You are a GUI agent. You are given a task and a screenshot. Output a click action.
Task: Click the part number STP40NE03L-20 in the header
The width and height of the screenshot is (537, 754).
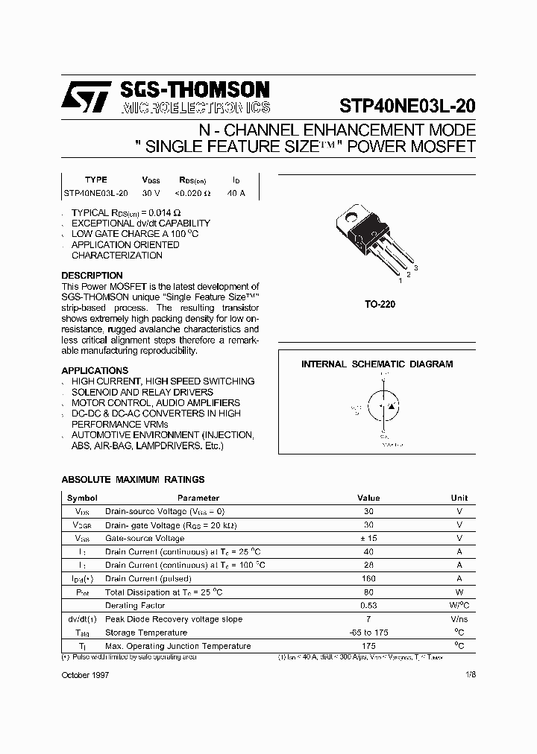[x=407, y=106]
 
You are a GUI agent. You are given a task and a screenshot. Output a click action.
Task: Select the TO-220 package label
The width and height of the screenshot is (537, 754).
[x=380, y=305]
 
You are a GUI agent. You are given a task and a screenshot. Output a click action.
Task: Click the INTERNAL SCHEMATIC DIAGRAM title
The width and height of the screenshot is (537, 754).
[x=377, y=364]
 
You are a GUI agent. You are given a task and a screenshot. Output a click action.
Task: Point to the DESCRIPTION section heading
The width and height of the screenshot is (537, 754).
[x=92, y=276]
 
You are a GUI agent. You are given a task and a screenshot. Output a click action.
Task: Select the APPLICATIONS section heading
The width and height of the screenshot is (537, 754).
[x=95, y=370]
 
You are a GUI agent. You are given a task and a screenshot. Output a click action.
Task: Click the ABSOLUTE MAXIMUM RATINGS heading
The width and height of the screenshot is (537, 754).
[x=133, y=480]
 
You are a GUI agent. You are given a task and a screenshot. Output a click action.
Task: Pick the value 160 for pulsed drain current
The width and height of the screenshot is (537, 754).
[x=368, y=579]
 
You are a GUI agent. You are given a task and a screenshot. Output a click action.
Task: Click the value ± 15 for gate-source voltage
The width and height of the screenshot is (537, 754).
[x=368, y=538]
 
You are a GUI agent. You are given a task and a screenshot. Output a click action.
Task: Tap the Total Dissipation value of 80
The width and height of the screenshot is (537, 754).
[x=368, y=592]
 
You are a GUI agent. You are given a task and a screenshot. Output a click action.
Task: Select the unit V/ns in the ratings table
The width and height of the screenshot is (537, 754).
[x=459, y=619]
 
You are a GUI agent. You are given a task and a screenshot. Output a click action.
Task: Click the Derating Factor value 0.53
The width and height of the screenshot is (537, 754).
[x=368, y=606]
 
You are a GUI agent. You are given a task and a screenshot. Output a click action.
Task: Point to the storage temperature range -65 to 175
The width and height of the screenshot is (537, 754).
[x=368, y=633]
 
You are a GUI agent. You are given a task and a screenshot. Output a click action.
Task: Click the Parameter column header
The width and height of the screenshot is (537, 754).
[x=198, y=498]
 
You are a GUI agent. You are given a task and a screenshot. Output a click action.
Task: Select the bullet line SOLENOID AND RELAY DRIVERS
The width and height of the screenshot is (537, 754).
[x=142, y=392]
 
